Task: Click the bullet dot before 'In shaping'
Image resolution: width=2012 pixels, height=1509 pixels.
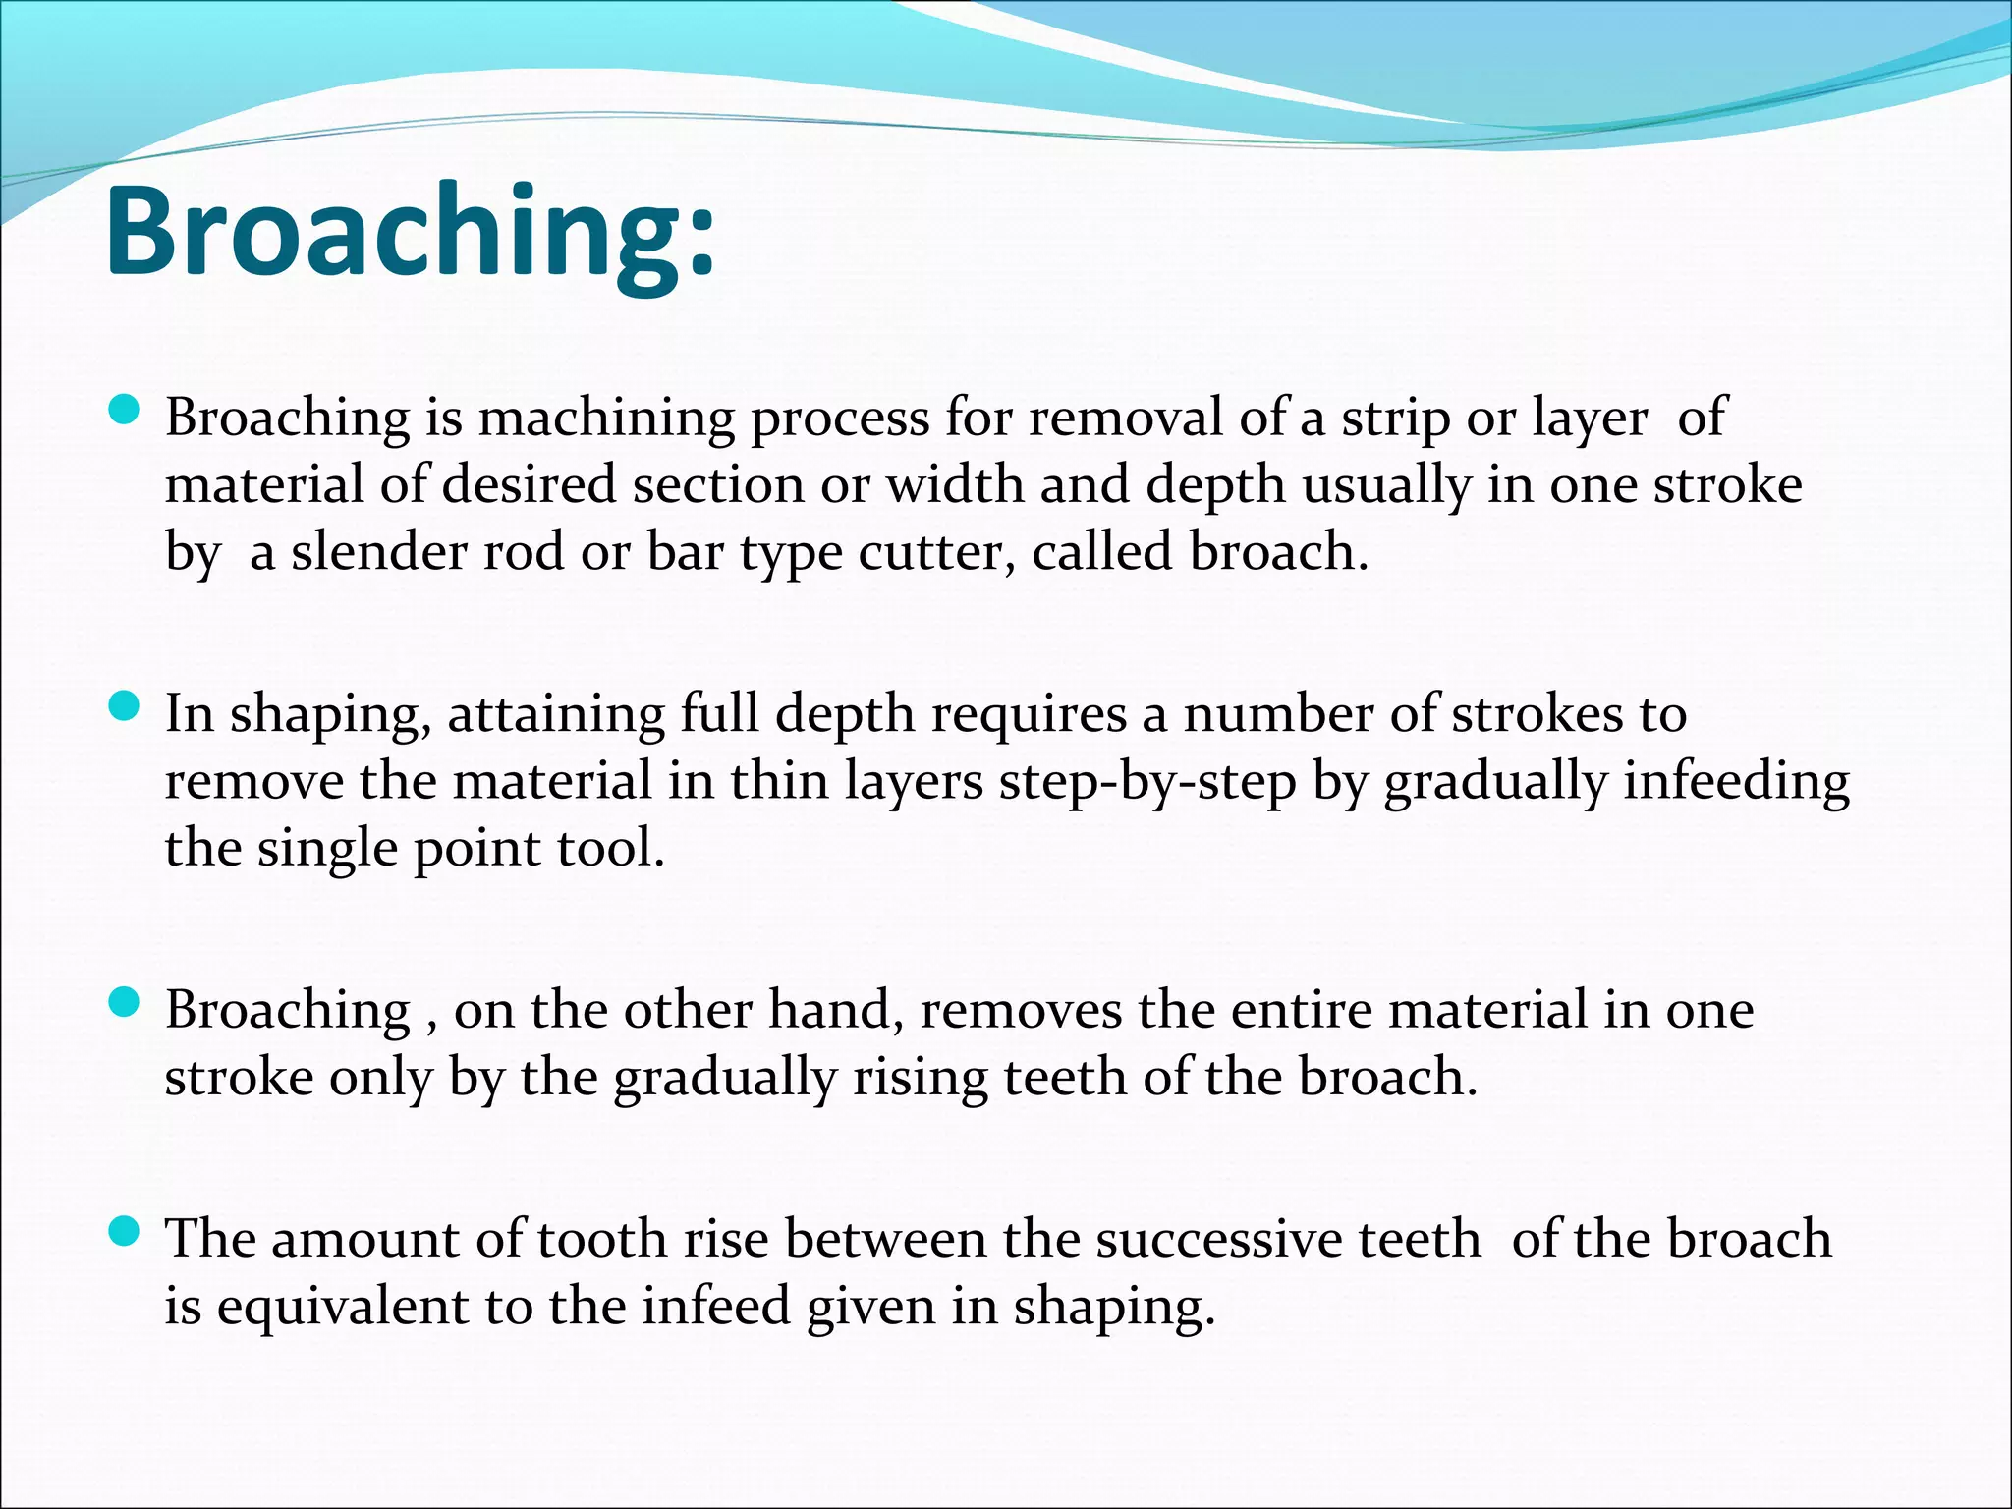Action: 124,706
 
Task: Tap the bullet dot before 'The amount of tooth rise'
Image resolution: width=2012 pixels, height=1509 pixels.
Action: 124,1231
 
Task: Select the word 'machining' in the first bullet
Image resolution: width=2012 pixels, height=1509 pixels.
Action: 606,419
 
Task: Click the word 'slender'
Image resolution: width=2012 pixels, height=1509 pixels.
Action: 378,552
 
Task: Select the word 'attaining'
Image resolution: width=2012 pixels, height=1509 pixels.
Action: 556,715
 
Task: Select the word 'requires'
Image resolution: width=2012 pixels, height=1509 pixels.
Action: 1028,715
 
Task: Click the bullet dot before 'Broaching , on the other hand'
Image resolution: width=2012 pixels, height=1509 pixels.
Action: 124,1003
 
